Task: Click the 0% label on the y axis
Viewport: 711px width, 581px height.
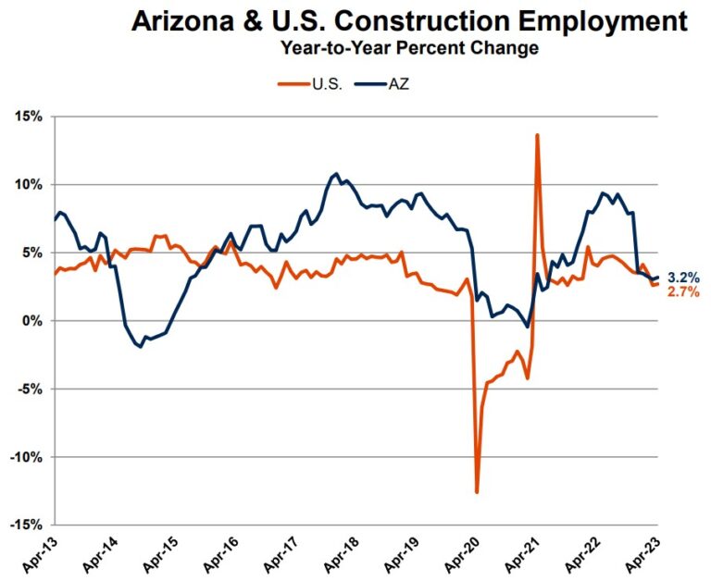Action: coord(35,320)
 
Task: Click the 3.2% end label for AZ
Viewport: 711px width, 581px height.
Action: coord(682,276)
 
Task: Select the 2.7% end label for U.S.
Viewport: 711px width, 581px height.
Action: coord(682,292)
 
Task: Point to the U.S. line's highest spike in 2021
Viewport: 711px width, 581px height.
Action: coord(537,135)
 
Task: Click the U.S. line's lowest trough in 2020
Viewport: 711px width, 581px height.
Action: coord(477,492)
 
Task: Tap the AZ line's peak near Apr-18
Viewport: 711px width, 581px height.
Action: coord(336,173)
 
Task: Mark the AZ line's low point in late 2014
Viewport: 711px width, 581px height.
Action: coord(141,347)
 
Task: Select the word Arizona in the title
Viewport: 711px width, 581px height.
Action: coord(185,20)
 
